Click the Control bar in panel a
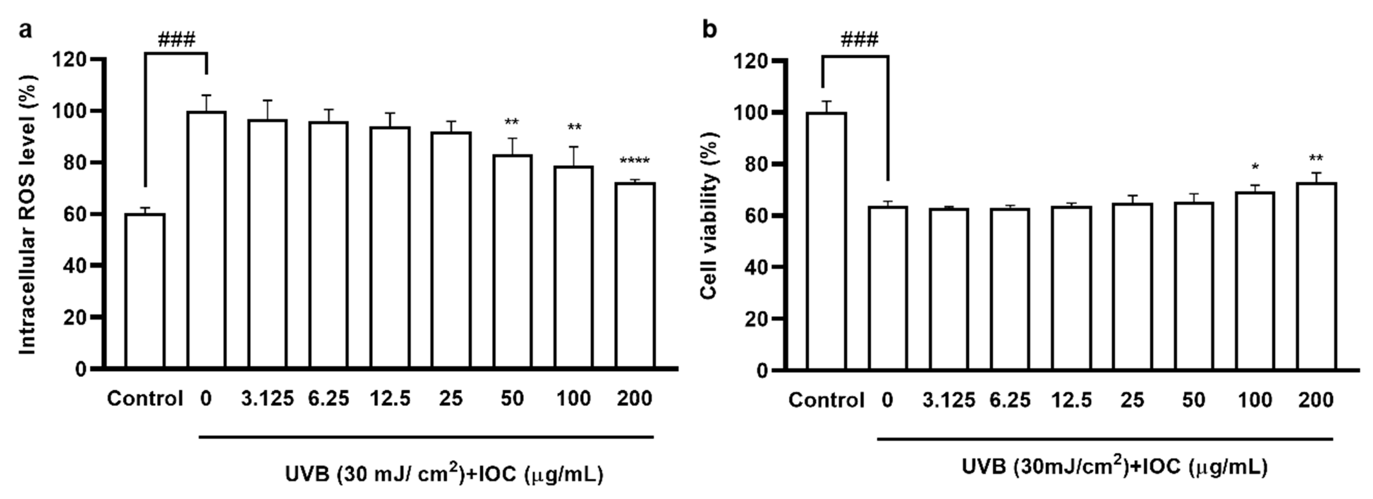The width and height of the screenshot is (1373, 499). coord(145,291)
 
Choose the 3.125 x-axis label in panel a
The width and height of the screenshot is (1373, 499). coord(267,398)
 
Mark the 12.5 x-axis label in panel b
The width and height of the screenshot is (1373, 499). coord(1071,400)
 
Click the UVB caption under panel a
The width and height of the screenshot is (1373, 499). coord(444,473)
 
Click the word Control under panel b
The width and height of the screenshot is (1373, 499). coord(826,400)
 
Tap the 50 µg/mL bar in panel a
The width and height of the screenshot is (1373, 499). coord(512,261)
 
